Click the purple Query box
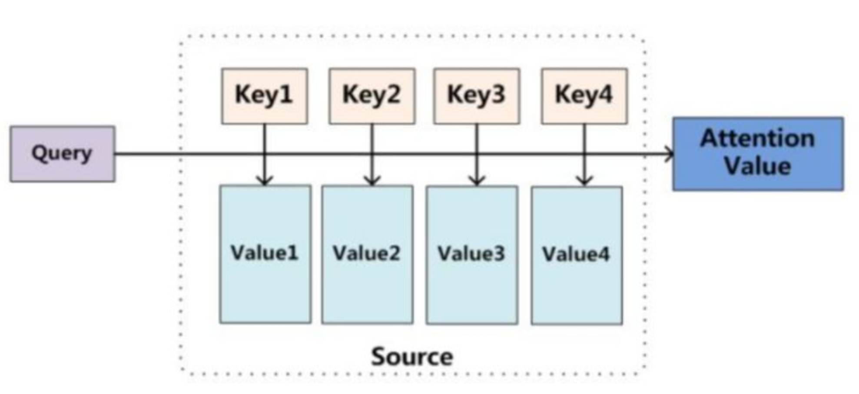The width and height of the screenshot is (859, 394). (x=63, y=154)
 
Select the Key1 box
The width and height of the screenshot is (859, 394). (x=264, y=96)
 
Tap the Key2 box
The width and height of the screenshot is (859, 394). (x=372, y=96)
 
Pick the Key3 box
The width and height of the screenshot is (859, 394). (x=477, y=96)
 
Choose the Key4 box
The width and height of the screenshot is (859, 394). (x=584, y=96)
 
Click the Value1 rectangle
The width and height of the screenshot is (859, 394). (x=265, y=254)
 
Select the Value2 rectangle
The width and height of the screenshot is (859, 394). (x=367, y=254)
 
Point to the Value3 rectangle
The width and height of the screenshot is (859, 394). (x=472, y=255)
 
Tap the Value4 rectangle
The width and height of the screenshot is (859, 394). (x=577, y=255)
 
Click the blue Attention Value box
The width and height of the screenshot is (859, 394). (x=758, y=153)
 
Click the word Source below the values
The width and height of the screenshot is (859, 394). (x=412, y=357)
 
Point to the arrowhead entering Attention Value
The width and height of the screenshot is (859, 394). (x=669, y=154)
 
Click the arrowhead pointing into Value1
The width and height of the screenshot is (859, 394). (x=265, y=180)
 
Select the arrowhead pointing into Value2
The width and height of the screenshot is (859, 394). (x=372, y=180)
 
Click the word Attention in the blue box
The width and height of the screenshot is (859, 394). (x=757, y=139)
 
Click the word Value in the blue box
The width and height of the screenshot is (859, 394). (x=757, y=166)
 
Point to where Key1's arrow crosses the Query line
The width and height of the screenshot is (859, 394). (x=265, y=154)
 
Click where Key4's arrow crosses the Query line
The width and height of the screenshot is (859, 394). (x=584, y=154)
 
